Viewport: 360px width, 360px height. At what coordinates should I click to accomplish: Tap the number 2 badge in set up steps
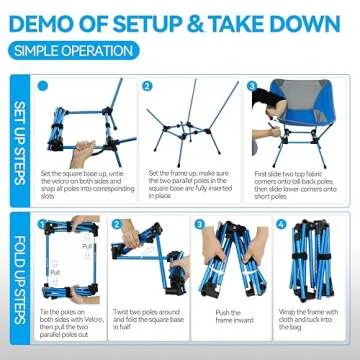click(x=146, y=87)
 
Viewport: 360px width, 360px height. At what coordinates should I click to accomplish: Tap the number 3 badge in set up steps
click(x=252, y=87)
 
